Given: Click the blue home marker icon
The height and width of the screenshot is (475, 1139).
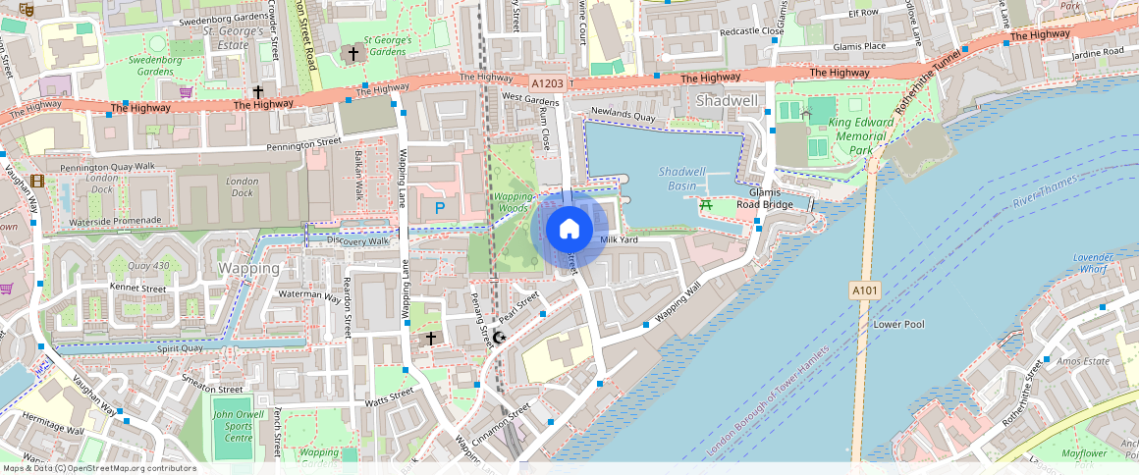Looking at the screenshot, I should [569, 229].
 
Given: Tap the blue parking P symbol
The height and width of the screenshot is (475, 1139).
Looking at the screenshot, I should [439, 207].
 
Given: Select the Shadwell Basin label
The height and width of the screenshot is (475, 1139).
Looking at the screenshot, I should [681, 178].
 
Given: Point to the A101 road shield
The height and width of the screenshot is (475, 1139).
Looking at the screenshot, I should [863, 290].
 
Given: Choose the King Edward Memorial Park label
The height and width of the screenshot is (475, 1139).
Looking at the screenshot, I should [849, 136].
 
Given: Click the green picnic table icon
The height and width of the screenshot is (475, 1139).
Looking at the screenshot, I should [705, 204].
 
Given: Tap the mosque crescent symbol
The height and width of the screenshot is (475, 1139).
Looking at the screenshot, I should [499, 338].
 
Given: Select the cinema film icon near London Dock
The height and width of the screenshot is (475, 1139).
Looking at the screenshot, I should [36, 181].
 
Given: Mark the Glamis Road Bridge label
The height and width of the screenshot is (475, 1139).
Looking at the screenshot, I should [764, 199].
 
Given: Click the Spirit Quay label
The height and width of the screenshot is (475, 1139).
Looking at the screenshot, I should [178, 347].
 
